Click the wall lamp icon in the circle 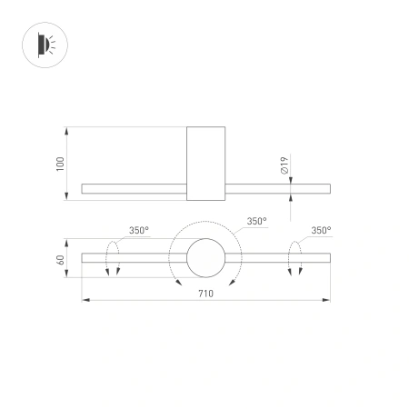44,44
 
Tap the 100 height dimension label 61,164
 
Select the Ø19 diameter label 284,165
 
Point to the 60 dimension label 61,259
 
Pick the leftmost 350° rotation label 138,231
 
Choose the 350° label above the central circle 256,221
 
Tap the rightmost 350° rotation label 320,231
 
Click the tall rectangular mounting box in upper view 205,164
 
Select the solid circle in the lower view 205,258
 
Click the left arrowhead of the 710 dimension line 85,299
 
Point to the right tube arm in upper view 277,189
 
